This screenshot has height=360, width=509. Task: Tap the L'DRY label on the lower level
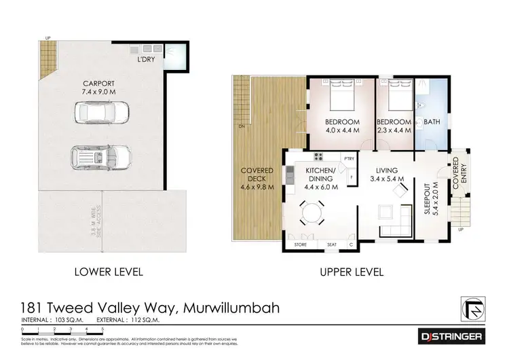(145, 60)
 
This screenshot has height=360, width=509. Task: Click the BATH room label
(432, 122)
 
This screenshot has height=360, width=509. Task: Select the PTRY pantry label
(350, 159)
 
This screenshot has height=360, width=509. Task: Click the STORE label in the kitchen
(301, 245)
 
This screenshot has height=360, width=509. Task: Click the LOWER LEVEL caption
(108, 272)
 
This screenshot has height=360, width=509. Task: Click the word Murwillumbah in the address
(231, 309)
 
